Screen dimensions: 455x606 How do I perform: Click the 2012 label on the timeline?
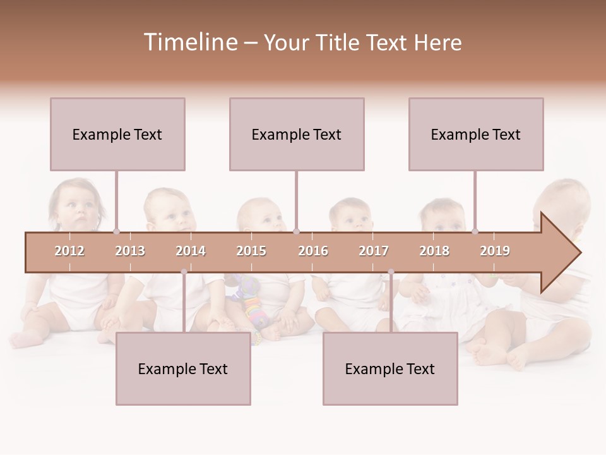69,251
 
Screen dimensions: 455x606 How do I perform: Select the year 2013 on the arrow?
130,251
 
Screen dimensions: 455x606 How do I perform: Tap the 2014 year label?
191,251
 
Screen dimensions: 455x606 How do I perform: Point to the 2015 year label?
251,251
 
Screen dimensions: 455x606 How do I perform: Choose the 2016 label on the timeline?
313,251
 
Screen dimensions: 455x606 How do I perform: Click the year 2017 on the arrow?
374,251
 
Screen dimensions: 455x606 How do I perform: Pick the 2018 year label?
434,251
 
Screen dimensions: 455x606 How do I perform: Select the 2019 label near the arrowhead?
495,251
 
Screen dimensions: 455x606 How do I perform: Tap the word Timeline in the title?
190,42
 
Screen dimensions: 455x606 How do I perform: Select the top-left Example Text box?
117,134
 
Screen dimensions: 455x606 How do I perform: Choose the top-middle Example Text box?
297,134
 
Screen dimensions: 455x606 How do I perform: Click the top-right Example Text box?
476,134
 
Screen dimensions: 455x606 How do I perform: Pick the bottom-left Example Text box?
183,368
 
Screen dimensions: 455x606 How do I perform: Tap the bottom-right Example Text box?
390,368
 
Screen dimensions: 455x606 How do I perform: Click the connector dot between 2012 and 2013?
116,231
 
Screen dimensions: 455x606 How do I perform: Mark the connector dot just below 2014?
184,272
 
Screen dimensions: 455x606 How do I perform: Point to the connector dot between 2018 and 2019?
475,231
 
